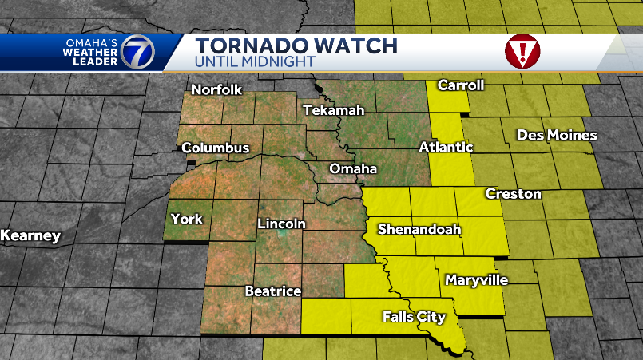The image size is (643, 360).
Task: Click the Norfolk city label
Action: [216, 89]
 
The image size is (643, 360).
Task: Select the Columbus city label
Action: [215, 148]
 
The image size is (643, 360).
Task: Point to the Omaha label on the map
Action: [353, 168]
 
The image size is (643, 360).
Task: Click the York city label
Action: [187, 219]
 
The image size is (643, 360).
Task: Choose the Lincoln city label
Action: [281, 224]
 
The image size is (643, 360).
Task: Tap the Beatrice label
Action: [272, 291]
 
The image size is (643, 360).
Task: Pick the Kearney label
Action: [30, 235]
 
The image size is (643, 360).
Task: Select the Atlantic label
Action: [446, 147]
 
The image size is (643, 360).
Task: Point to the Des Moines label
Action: [556, 135]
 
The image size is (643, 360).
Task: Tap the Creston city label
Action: [513, 194]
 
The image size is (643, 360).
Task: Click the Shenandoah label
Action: [419, 229]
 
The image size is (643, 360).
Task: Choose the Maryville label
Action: [476, 280]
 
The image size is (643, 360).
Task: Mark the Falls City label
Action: [413, 317]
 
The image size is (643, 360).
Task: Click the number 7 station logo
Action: [138, 53]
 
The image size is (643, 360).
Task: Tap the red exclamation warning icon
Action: [522, 52]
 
